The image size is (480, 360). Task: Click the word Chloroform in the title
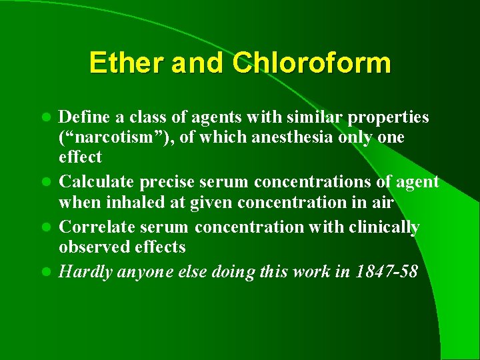coord(311,63)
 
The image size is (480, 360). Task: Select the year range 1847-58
coord(385,272)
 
